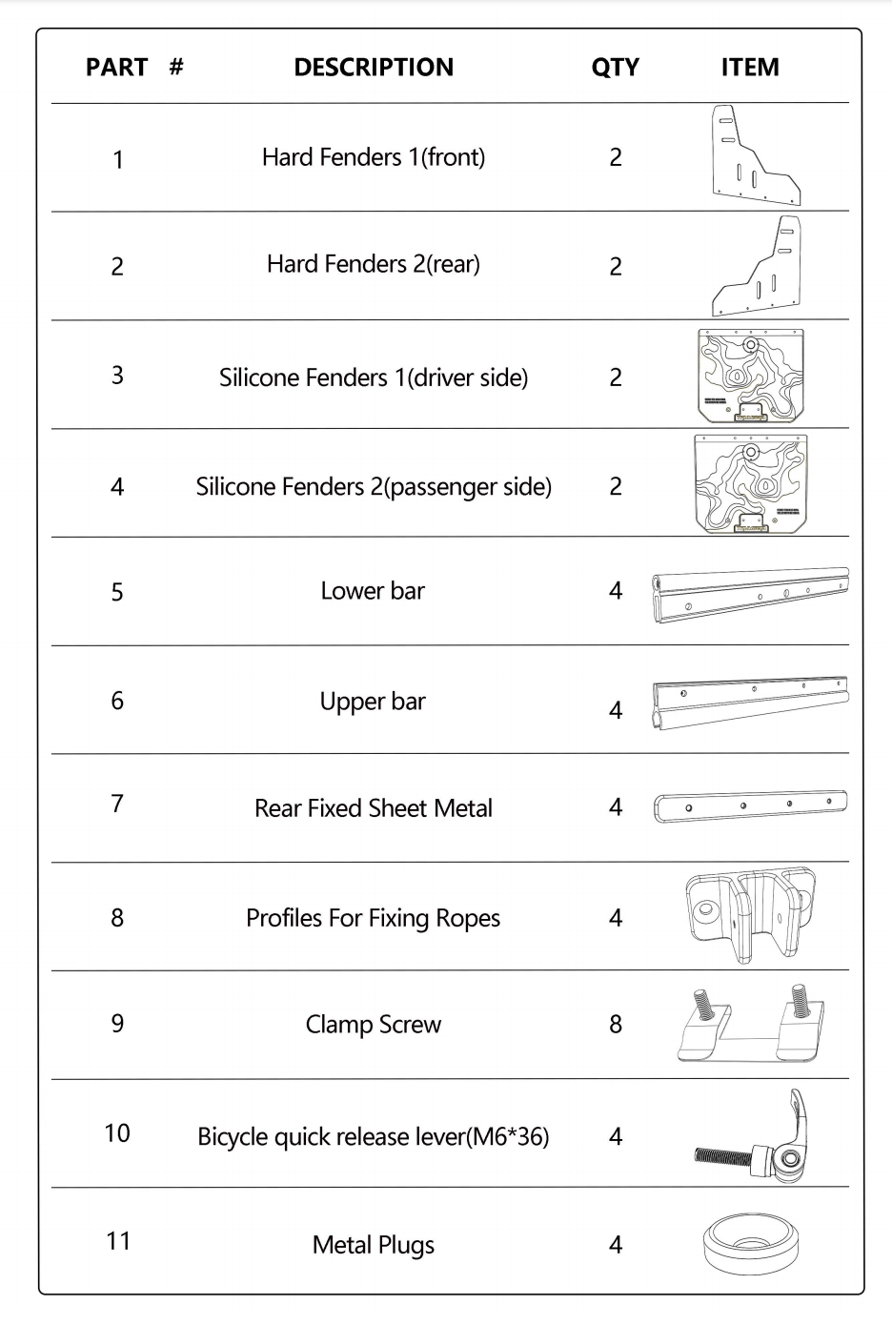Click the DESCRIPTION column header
coord(374,67)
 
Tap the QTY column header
coord(616,68)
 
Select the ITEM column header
coord(750,67)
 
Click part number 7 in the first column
coord(117,804)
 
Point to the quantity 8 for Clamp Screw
coord(616,1024)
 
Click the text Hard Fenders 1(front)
coord(374,157)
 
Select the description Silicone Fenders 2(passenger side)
coord(374,487)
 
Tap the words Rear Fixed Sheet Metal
coord(374,808)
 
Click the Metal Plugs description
coord(374,1245)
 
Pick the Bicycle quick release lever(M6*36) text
coord(374,1136)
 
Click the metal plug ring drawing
coord(751,1260)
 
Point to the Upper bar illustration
coord(751,703)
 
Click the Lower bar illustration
coord(751,595)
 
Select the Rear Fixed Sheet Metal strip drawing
coord(751,805)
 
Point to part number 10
coord(117,1133)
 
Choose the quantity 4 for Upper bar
coord(616,710)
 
